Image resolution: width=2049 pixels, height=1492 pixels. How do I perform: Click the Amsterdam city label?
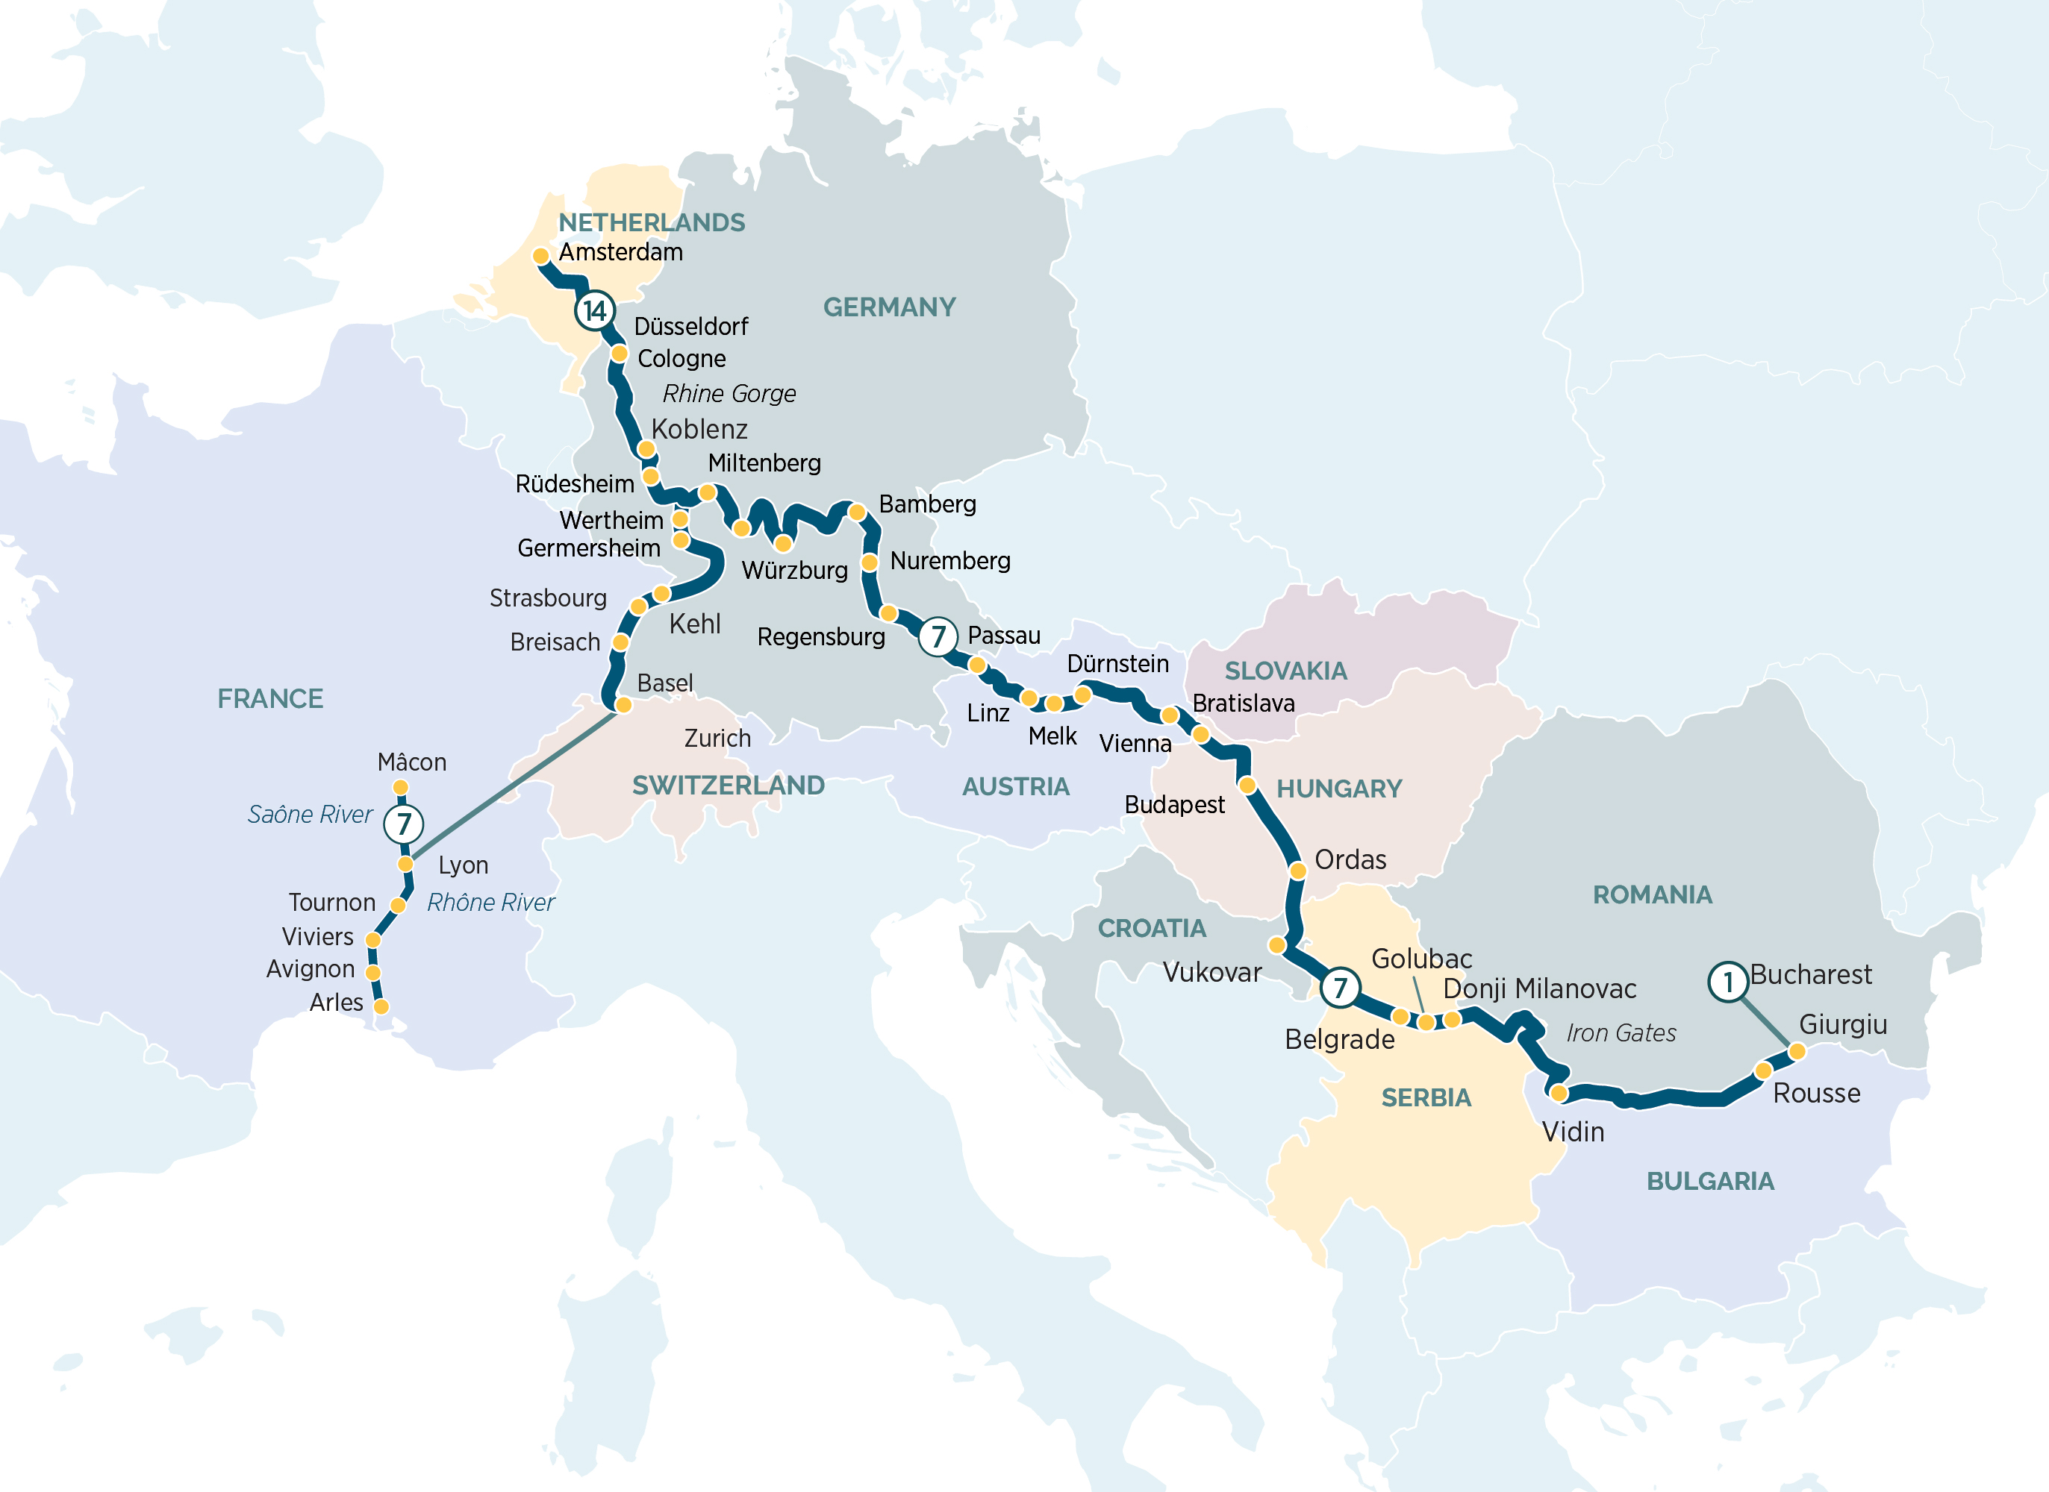[x=620, y=252]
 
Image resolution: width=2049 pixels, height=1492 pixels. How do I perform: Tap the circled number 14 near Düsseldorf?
[x=594, y=310]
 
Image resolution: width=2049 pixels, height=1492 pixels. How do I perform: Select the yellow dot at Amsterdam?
[x=541, y=257]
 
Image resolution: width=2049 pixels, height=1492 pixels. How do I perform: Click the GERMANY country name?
[x=889, y=307]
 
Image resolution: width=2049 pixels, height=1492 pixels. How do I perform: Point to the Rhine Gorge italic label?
[x=729, y=394]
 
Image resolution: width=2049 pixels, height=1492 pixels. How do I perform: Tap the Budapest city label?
[x=1173, y=805]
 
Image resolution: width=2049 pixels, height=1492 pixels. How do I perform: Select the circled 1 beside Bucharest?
[x=1727, y=981]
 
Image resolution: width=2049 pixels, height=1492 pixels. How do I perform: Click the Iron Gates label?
[x=1621, y=1033]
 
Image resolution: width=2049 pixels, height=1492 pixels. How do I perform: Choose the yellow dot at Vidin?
[x=1559, y=1094]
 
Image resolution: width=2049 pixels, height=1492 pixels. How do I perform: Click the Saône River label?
[x=310, y=815]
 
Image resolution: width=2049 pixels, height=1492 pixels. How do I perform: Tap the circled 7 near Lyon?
[x=403, y=824]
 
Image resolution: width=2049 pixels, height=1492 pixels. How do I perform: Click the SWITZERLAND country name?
[x=729, y=786]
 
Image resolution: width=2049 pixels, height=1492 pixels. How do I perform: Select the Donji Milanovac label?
[x=1539, y=989]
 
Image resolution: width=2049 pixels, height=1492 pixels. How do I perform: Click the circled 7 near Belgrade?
[x=1340, y=988]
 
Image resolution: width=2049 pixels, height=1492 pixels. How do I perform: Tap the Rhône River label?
[x=490, y=902]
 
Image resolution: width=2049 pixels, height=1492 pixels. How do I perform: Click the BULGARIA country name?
[x=1709, y=1182]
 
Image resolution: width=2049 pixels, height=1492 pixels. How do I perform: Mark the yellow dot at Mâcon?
[x=400, y=788]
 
